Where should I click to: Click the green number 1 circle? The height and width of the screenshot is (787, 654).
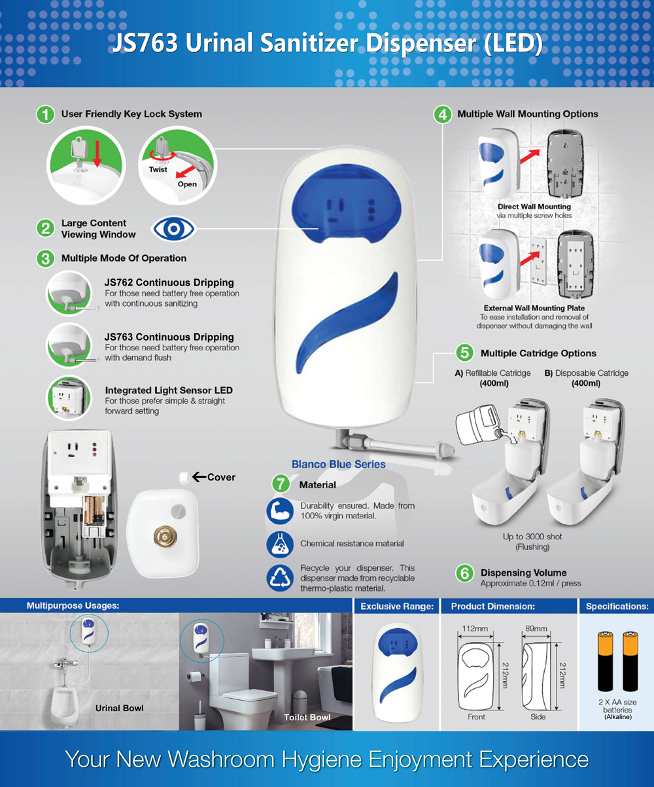tap(45, 114)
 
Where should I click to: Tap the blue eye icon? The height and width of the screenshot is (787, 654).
tap(173, 228)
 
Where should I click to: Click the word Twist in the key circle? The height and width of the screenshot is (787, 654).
tap(158, 169)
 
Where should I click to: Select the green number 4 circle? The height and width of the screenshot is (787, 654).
tap(443, 114)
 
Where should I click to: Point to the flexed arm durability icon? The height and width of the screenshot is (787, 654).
tap(280, 511)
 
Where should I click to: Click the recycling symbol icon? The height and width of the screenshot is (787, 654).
tap(280, 578)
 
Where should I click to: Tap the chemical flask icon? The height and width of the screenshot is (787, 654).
tap(280, 544)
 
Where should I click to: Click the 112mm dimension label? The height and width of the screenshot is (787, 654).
tap(475, 628)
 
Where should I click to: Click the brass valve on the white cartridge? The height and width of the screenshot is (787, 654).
tap(165, 537)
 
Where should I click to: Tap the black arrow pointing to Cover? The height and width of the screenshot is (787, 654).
tap(199, 477)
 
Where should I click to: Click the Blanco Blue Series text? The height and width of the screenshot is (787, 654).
tap(338, 464)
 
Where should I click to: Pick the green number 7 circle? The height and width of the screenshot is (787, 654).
tap(281, 484)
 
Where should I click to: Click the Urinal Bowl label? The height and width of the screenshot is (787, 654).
tap(119, 708)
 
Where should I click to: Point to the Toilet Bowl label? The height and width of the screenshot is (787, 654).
tap(307, 717)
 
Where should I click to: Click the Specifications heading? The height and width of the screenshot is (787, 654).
tap(617, 606)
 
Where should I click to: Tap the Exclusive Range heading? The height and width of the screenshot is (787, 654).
tap(397, 606)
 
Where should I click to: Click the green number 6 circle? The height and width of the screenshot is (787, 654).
tap(464, 573)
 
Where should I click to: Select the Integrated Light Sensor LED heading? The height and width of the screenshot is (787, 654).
tap(169, 390)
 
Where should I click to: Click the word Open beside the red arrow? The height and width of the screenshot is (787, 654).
tap(187, 184)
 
